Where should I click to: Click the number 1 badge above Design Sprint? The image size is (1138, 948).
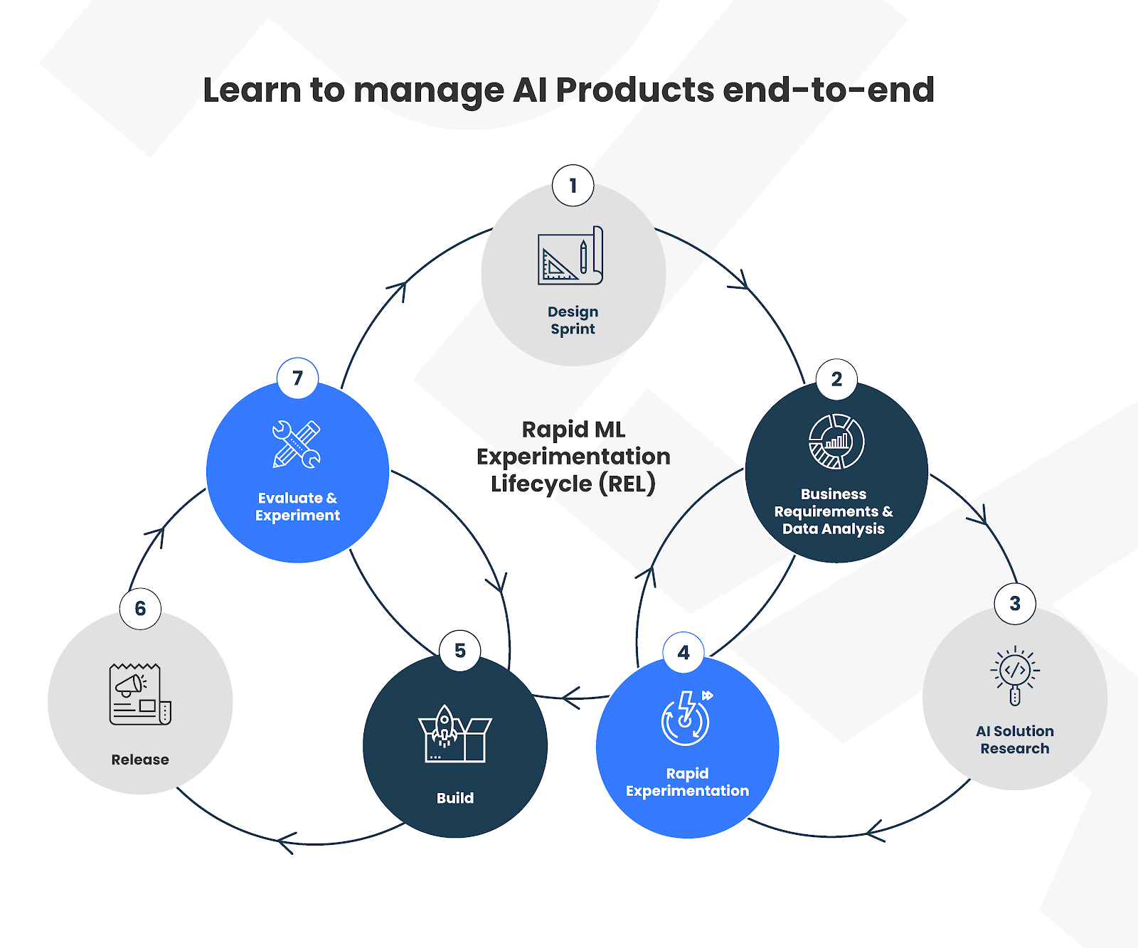click(573, 186)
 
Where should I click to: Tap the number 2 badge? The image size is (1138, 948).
click(836, 379)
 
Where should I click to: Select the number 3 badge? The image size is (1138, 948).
click(1015, 604)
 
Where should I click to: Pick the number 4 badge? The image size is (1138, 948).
click(684, 652)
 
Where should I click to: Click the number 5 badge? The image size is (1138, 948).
click(460, 651)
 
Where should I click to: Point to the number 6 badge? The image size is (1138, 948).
click(140, 609)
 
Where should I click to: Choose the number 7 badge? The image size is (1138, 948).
click(297, 378)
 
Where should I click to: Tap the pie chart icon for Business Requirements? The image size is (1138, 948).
click(836, 442)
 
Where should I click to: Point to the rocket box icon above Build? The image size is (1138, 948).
click(455, 734)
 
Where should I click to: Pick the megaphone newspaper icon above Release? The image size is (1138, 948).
click(140, 694)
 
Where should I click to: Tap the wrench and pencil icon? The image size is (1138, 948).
click(297, 444)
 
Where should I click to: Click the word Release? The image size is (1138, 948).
click(140, 760)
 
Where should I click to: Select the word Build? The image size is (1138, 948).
click(455, 798)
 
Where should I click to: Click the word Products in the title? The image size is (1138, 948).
click(634, 90)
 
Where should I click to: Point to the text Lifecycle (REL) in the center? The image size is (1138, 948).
click(573, 484)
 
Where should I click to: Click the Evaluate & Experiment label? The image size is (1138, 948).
click(297, 506)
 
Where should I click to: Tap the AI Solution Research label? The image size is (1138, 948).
click(1015, 740)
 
